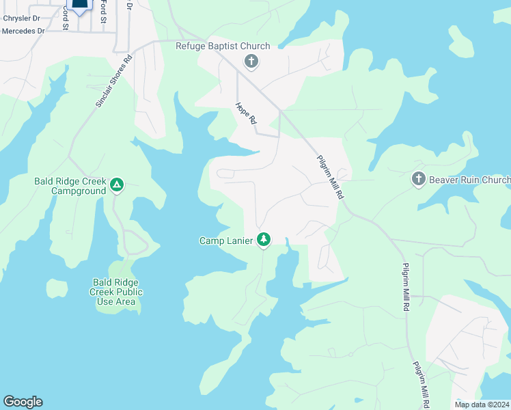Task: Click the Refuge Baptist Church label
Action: (x=223, y=46)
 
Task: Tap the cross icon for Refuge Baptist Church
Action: (x=251, y=62)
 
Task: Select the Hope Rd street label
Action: (x=245, y=113)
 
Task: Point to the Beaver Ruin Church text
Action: (x=469, y=180)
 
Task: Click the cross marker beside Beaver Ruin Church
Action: (x=419, y=180)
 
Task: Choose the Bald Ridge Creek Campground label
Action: (x=70, y=187)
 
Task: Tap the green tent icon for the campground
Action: (x=118, y=184)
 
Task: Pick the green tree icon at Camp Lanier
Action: (x=264, y=240)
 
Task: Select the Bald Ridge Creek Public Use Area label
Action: (x=118, y=291)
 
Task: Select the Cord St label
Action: (x=66, y=16)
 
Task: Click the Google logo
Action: (x=23, y=402)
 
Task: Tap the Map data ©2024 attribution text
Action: (x=481, y=405)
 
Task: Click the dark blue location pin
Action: (x=79, y=6)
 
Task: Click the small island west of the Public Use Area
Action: (x=57, y=288)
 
